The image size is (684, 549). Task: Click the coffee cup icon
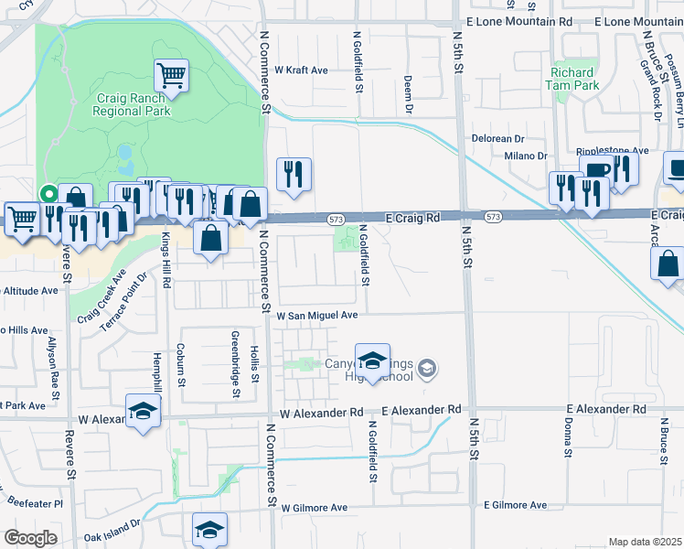pyautogui.click(x=596, y=169)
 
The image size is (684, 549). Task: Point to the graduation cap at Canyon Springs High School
pyautogui.click(x=372, y=360)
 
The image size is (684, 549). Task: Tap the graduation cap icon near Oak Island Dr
pyautogui.click(x=209, y=529)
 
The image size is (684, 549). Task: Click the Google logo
pyautogui.click(x=30, y=538)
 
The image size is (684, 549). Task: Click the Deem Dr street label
pyautogui.click(x=408, y=93)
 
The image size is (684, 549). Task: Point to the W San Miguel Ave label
pyautogui.click(x=317, y=314)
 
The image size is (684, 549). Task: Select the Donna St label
pyautogui.click(x=568, y=440)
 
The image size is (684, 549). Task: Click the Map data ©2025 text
pyautogui.click(x=645, y=542)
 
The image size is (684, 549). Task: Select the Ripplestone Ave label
pyautogui.click(x=612, y=151)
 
